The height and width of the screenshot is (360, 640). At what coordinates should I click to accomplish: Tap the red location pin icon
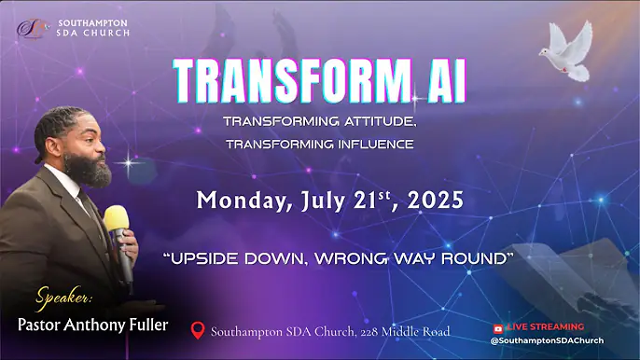click(x=197, y=330)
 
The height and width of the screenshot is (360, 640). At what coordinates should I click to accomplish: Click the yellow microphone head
click(x=117, y=220)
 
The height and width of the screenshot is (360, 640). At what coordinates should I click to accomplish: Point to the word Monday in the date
click(x=241, y=200)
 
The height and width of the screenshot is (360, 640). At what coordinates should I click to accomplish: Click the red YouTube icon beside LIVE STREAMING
click(x=497, y=327)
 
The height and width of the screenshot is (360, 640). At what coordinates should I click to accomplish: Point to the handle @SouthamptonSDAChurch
click(x=547, y=340)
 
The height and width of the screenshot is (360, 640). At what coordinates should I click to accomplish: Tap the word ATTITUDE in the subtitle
click(x=368, y=122)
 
